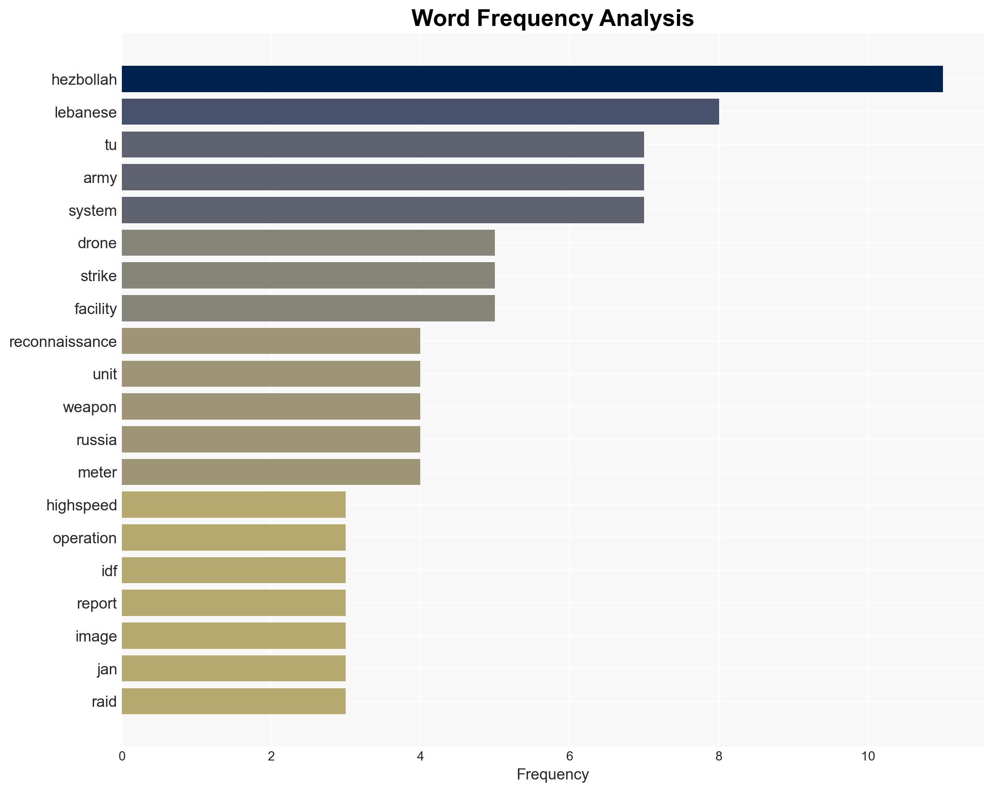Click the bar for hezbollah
coord(532,79)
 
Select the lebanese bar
coord(420,112)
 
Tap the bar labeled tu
coord(383,145)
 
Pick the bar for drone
coord(308,243)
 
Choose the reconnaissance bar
coord(271,341)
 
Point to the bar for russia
coord(271,439)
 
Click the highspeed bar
coord(234,505)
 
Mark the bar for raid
coord(234,701)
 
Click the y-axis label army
coord(100,178)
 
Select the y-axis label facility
coord(95,309)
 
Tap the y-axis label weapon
coord(90,407)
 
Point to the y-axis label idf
coord(109,571)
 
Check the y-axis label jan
coord(107,669)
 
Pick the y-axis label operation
coord(85,538)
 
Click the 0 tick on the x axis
coord(122,756)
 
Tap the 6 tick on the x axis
coord(569,756)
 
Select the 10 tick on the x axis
coord(868,756)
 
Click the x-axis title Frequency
coord(552,774)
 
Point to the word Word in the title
coord(441,19)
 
